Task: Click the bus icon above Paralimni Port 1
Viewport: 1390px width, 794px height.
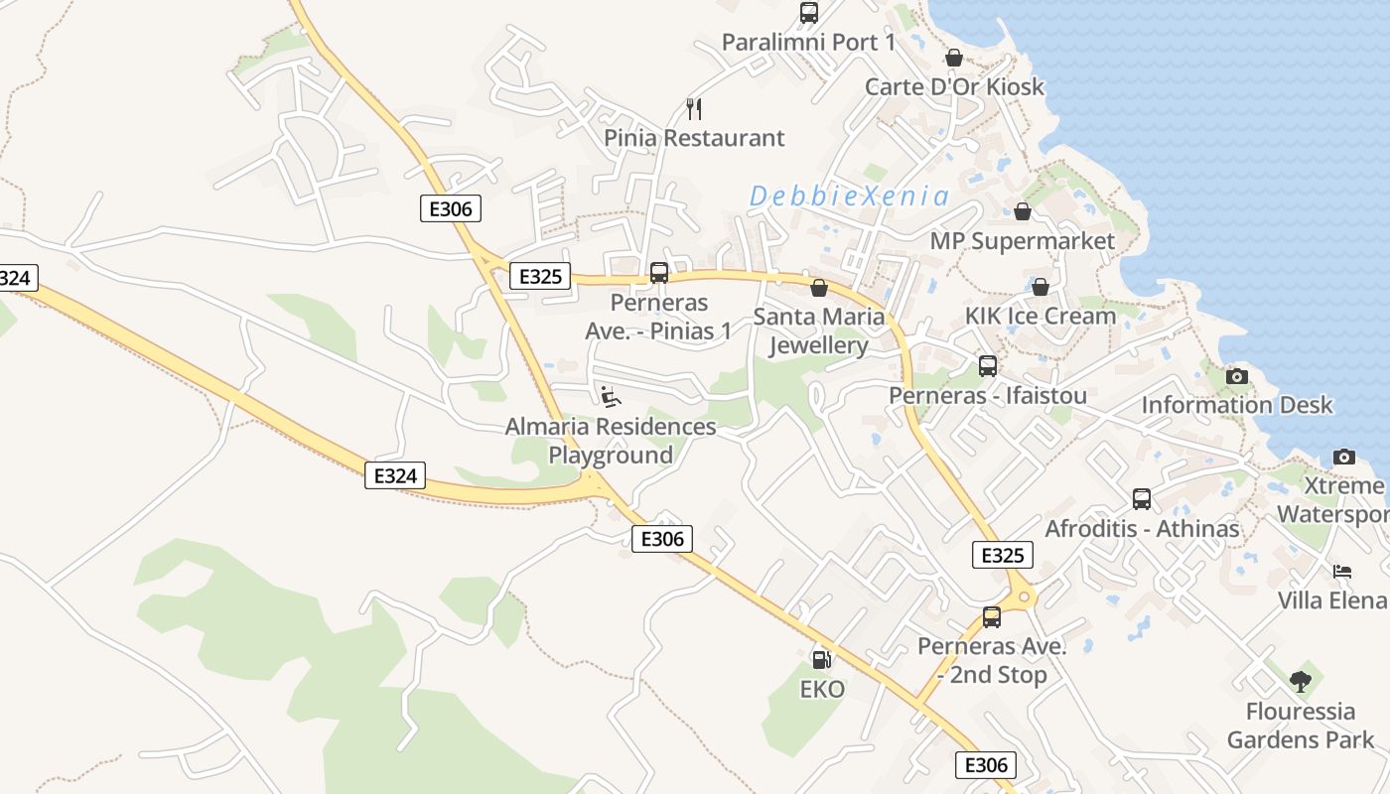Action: point(809,13)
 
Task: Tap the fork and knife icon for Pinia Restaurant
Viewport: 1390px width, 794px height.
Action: point(694,108)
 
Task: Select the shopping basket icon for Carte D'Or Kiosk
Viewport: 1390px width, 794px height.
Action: point(954,58)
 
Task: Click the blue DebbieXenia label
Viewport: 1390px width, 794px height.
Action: point(849,197)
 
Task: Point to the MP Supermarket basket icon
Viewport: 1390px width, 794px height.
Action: point(1023,211)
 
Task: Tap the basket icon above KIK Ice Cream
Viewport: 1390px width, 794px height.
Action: point(1041,287)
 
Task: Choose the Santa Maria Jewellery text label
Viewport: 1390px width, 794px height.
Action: point(819,331)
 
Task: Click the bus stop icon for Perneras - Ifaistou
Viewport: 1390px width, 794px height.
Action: point(988,366)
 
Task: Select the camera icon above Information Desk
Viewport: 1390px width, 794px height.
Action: point(1236,376)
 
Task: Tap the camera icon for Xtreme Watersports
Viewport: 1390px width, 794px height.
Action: point(1344,457)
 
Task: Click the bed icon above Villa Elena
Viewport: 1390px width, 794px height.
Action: point(1342,572)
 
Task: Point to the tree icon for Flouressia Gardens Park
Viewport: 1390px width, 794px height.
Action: point(1301,682)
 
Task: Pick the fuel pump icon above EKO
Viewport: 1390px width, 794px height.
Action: point(821,659)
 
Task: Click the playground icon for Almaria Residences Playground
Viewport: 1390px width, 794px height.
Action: point(611,397)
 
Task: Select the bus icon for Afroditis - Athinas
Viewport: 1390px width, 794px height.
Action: point(1142,499)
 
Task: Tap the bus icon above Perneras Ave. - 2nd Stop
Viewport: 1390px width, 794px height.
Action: point(992,617)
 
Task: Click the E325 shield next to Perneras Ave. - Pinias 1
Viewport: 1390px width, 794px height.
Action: point(541,277)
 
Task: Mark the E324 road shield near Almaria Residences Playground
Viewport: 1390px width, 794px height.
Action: point(395,475)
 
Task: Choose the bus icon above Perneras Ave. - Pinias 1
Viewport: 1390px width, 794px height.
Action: point(659,273)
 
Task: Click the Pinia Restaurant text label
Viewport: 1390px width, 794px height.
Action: point(694,138)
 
